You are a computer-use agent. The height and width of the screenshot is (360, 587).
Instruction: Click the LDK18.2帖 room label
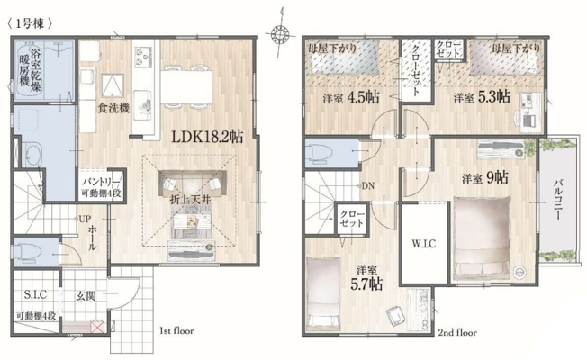tap(207, 137)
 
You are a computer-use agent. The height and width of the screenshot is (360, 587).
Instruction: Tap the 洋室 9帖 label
tap(484, 178)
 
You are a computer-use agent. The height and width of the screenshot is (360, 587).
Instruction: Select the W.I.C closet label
tap(424, 244)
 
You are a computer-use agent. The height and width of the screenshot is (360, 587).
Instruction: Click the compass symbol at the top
tap(279, 34)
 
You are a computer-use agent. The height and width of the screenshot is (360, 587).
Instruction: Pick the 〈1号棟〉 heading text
tap(30, 24)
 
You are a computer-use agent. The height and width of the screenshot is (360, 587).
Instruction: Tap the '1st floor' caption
tap(176, 331)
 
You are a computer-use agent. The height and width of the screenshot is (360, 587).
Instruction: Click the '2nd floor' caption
tap(457, 332)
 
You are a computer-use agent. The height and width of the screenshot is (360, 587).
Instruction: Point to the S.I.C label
tap(36, 295)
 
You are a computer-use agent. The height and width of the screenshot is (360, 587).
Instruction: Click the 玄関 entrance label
tap(86, 296)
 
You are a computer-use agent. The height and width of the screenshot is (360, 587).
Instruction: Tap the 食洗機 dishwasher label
tap(113, 109)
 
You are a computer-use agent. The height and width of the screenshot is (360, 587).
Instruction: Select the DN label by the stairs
tap(368, 186)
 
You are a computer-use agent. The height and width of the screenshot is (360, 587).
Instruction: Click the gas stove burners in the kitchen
tap(143, 56)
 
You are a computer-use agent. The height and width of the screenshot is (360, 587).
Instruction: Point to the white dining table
tap(186, 86)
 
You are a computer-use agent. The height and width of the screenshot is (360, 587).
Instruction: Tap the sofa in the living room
tap(192, 184)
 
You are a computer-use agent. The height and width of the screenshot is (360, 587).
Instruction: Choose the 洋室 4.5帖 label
tap(351, 98)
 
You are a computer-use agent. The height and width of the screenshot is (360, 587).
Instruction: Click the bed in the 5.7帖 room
tap(323, 293)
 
